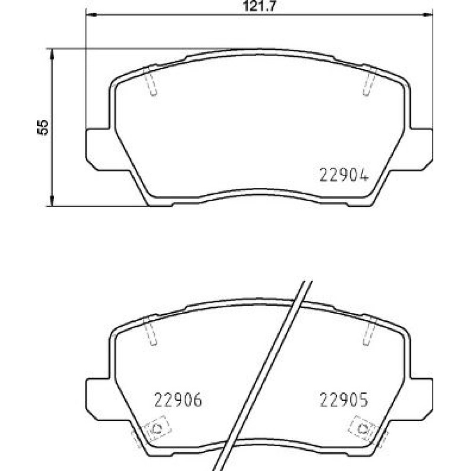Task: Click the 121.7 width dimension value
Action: click(259, 6)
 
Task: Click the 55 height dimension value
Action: click(43, 127)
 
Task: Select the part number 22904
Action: click(344, 175)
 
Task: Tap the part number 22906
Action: click(178, 400)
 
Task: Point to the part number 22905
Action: click(344, 400)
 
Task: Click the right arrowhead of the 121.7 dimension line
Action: click(428, 15)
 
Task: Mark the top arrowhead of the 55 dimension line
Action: click(52, 54)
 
